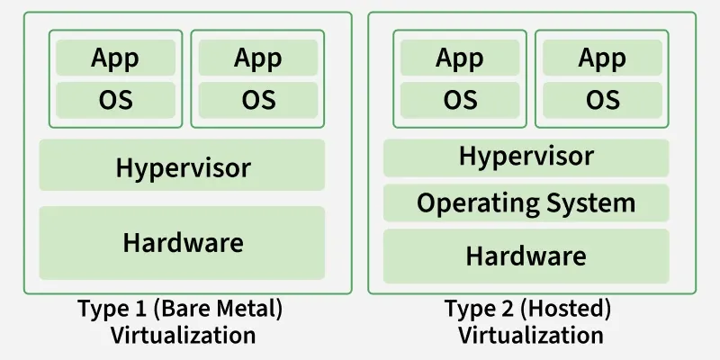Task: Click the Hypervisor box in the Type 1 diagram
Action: [x=183, y=166]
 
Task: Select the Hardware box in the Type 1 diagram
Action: [x=183, y=242]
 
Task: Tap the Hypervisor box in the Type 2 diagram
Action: [x=526, y=157]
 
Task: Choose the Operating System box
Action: [x=526, y=202]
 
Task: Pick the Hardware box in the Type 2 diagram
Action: [x=526, y=256]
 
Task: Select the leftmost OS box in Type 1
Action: [x=115, y=99]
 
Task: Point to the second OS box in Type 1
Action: [x=258, y=99]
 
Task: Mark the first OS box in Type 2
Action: [x=460, y=99]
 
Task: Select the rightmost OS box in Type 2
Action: [x=602, y=99]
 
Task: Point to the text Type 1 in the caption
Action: [x=113, y=310]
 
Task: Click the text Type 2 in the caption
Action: [x=481, y=310]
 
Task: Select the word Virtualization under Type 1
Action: [x=183, y=336]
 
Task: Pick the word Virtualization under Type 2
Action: [x=530, y=336]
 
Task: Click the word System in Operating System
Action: [x=592, y=202]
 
